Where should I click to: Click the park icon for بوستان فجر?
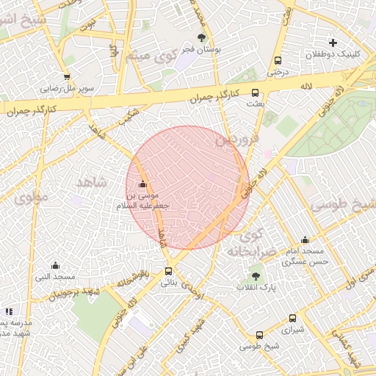click(202, 38)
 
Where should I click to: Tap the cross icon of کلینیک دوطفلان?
click(333, 43)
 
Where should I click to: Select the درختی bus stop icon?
click(278, 61)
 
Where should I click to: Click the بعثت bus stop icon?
click(255, 93)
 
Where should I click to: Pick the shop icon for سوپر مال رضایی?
click(67, 76)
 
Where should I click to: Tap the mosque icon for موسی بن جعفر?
click(142, 184)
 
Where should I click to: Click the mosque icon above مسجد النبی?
click(55, 265)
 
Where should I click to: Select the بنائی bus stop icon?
click(169, 271)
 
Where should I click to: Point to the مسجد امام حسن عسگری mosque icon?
click(305, 239)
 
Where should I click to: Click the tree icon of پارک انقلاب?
click(256, 276)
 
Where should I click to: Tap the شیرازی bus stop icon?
click(293, 319)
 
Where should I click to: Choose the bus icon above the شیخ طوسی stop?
click(259, 335)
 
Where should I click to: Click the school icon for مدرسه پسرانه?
click(8, 311)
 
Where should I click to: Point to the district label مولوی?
click(31, 197)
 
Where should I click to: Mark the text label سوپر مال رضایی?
click(68, 88)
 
